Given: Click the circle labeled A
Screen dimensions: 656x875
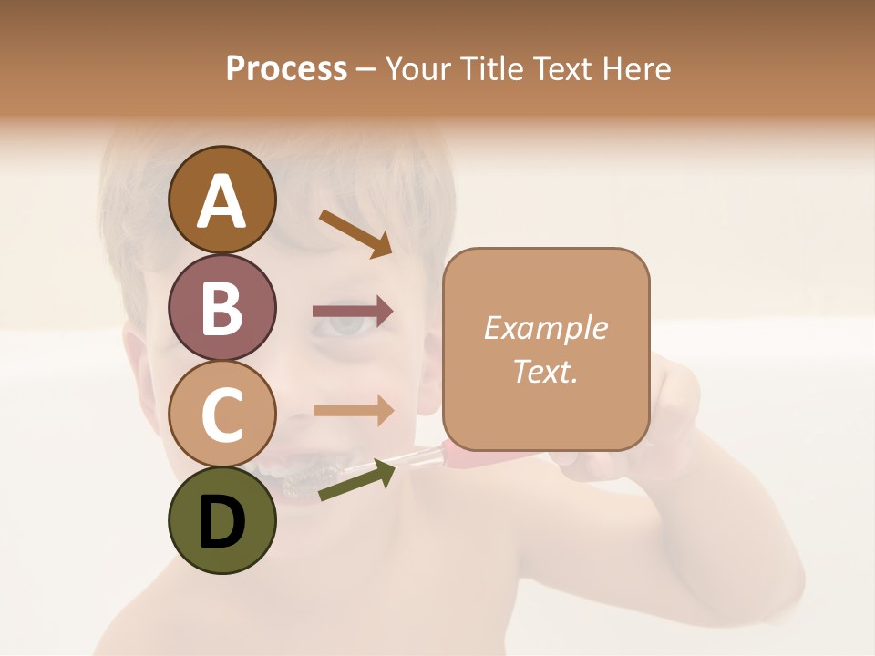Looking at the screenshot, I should coord(221,200).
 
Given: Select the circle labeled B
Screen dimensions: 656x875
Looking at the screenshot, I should coord(221,307).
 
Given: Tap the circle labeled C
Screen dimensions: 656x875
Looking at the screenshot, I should coord(221,414).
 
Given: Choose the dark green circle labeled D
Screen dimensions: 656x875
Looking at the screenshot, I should coord(221,520).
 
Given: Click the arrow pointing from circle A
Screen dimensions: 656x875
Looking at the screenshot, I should coord(355,232).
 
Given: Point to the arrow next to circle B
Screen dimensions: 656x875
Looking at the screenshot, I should coord(353,312).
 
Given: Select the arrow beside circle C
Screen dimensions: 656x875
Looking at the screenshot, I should coord(353,411).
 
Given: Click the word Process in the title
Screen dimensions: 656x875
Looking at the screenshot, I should coord(286,68).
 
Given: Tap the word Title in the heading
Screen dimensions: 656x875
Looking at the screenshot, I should coord(492,68).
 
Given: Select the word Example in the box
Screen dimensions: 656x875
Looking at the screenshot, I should coord(545,328).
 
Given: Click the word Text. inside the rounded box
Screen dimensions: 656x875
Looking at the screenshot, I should coord(545,371).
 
